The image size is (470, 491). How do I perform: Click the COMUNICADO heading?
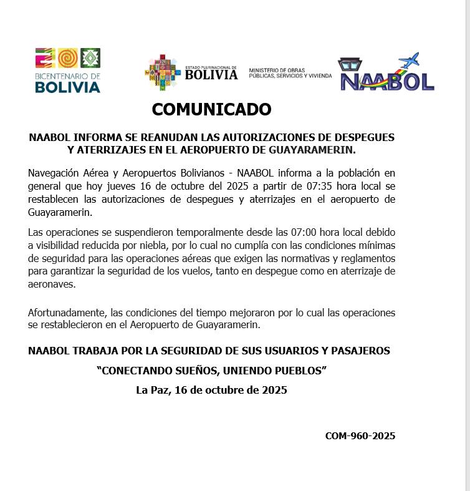(212, 110)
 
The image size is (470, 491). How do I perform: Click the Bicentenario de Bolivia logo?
(68, 70)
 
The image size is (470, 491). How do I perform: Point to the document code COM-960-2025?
(360, 436)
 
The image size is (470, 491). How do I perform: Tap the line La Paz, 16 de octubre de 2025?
(211, 391)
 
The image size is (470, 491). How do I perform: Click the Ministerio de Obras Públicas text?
(290, 74)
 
